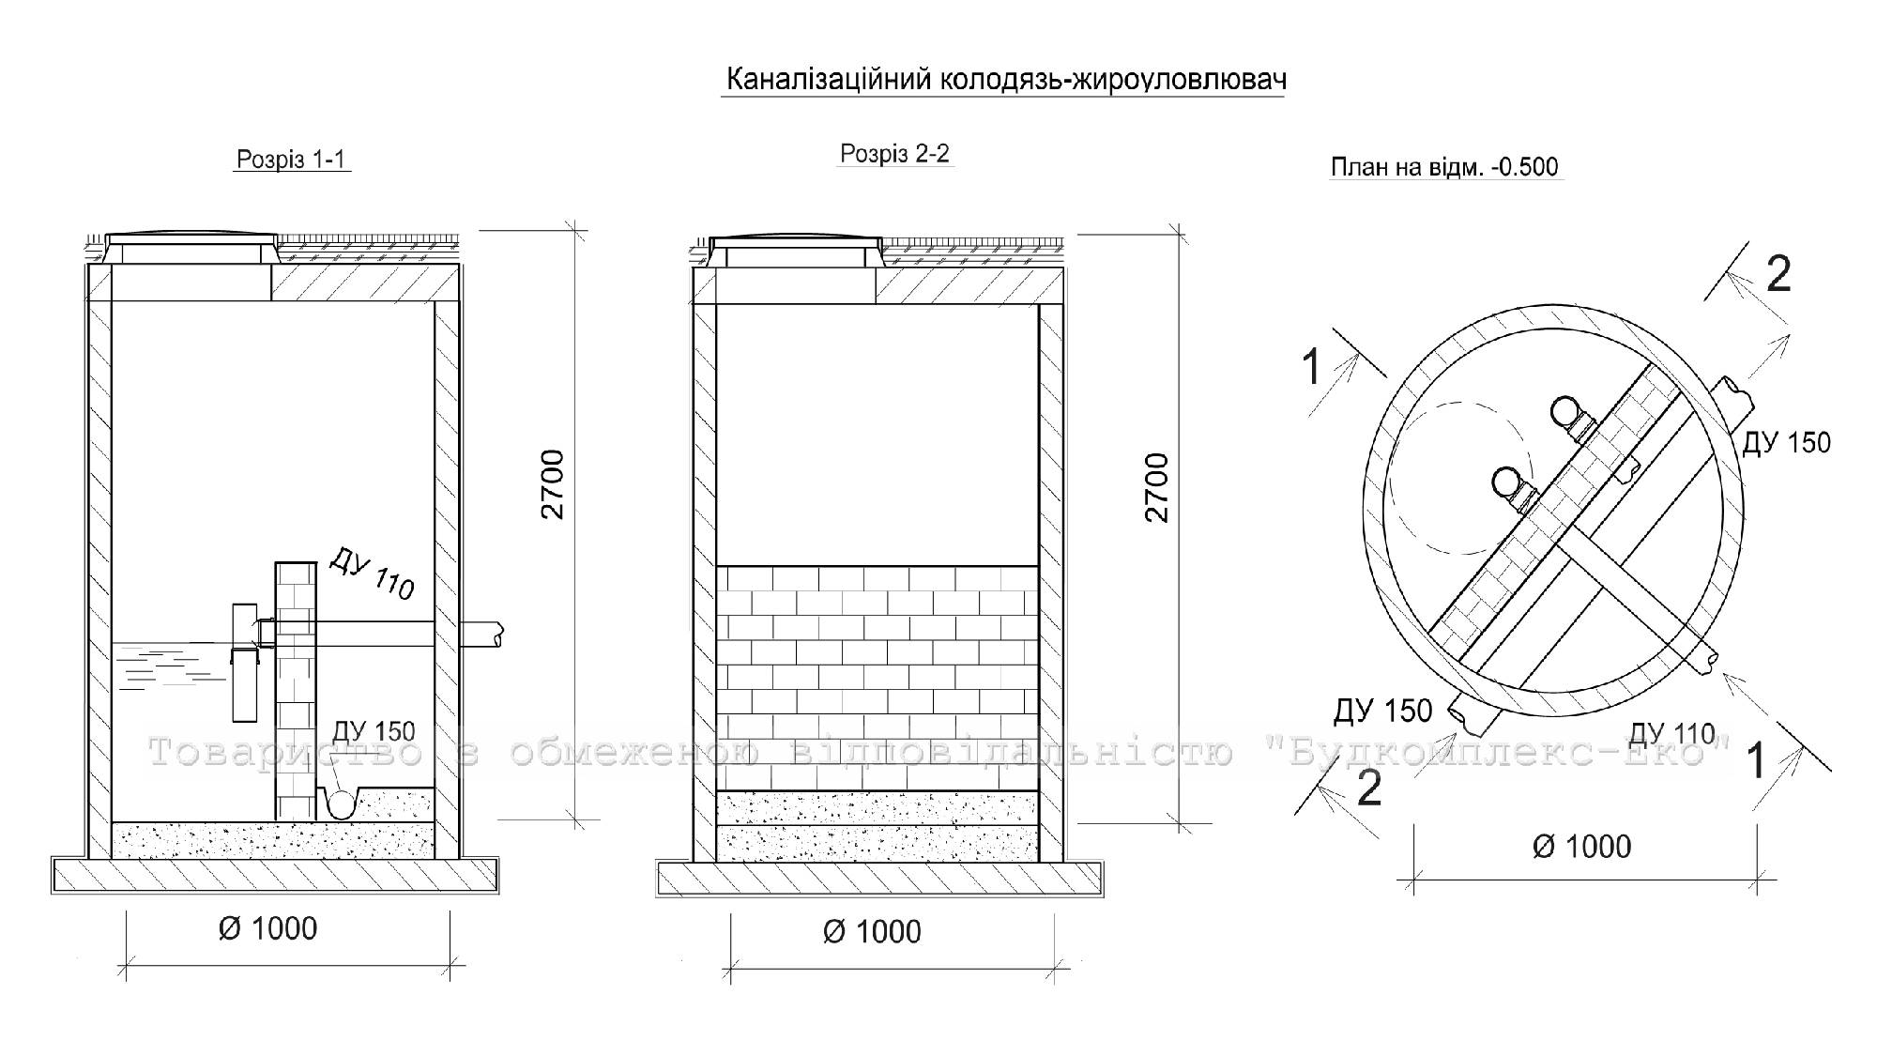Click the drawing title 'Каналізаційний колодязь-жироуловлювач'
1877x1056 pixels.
pyautogui.click(x=1005, y=80)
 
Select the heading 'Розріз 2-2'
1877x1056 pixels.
pyautogui.click(x=894, y=154)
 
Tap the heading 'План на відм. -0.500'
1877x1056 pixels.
pyautogui.click(x=1444, y=167)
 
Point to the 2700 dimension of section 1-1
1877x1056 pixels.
pyautogui.click(x=553, y=484)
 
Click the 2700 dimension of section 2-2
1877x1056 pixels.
pyautogui.click(x=1157, y=487)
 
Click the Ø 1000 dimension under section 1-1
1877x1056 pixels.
pyautogui.click(x=267, y=928)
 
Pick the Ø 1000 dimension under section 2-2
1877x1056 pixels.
pyautogui.click(x=872, y=931)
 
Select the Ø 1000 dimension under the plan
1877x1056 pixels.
pyautogui.click(x=1581, y=847)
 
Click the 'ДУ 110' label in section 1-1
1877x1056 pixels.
pyautogui.click(x=372, y=574)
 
